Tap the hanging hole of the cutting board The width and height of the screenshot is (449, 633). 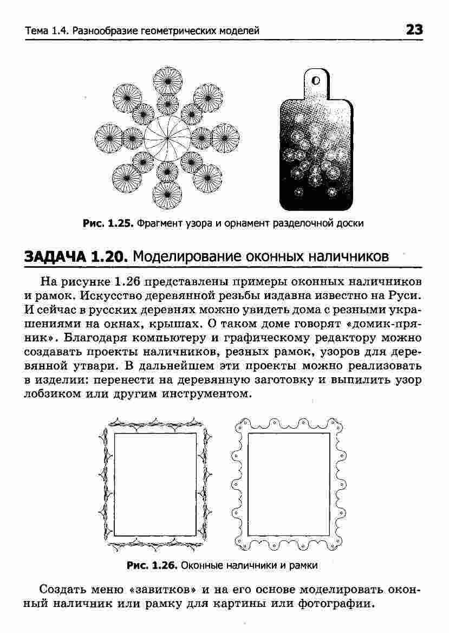[x=316, y=81]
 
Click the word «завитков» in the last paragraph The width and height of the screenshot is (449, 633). [x=163, y=589]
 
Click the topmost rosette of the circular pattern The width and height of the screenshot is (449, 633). [x=167, y=80]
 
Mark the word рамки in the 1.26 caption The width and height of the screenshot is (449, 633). [x=304, y=565]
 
